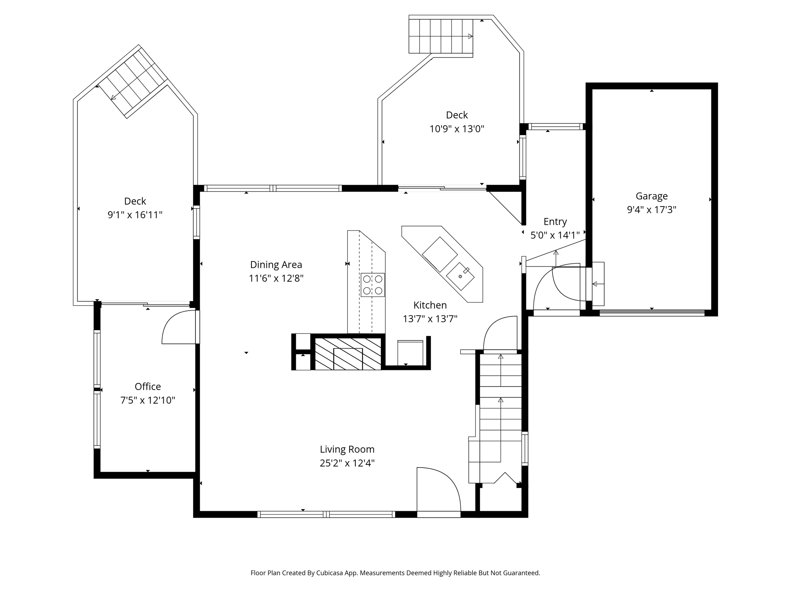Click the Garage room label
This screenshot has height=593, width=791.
(x=652, y=196)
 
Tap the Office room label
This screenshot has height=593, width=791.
(x=148, y=386)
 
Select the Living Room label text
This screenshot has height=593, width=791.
(x=347, y=449)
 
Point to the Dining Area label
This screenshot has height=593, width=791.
(x=276, y=265)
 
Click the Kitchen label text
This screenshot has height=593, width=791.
(x=430, y=305)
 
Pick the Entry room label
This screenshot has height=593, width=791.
(x=555, y=222)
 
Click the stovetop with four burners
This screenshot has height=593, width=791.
(x=373, y=285)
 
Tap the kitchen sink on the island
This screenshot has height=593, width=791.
(x=460, y=276)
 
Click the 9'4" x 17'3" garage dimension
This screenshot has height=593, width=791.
(x=652, y=210)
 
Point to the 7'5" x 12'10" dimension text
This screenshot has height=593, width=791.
(x=148, y=400)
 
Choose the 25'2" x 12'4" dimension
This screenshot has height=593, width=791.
(x=347, y=463)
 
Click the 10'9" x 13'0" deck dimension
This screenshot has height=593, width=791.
(x=457, y=129)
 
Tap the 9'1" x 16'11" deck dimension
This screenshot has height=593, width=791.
(x=135, y=215)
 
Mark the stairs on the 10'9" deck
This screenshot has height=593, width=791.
(x=441, y=36)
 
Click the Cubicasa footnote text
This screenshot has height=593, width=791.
(x=395, y=573)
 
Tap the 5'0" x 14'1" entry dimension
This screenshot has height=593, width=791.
(x=555, y=236)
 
